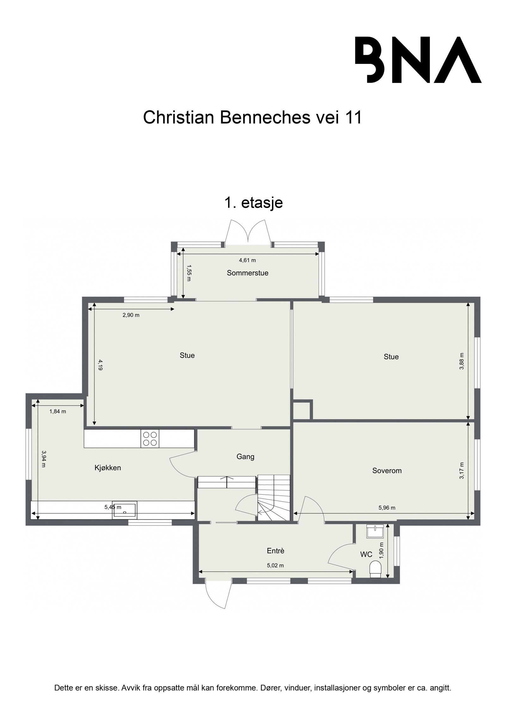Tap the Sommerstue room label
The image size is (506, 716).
pyautogui.click(x=247, y=273)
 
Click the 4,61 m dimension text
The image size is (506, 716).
pyautogui.click(x=247, y=260)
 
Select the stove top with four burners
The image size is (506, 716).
pyautogui.click(x=150, y=439)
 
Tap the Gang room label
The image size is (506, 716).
pyautogui.click(x=245, y=457)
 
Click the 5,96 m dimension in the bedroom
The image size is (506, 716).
pyautogui.click(x=387, y=508)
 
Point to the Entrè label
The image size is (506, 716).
pyautogui.click(x=275, y=551)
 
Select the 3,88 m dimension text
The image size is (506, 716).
pyautogui.click(x=461, y=361)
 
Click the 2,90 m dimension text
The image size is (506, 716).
pyautogui.click(x=131, y=315)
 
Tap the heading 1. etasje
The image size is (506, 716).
pyautogui.click(x=253, y=203)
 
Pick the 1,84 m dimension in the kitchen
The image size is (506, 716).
pyautogui.click(x=58, y=411)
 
